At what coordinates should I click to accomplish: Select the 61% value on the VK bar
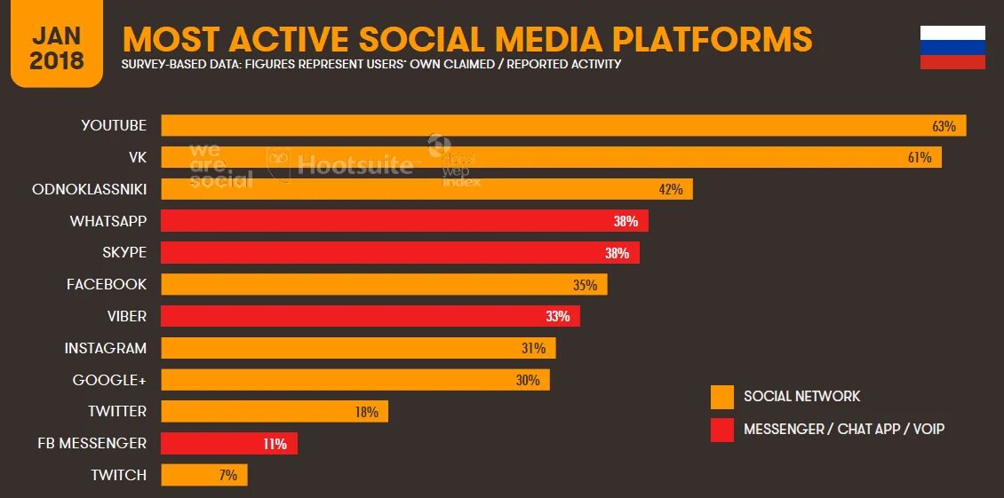pyautogui.click(x=919, y=158)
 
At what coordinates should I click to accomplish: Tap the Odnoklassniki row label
pyautogui.click(x=89, y=189)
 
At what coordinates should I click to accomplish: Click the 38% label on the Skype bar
pyautogui.click(x=617, y=253)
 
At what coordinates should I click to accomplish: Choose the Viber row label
pyautogui.click(x=128, y=316)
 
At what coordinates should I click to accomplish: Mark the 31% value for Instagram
pyautogui.click(x=533, y=349)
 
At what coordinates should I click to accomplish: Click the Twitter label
pyautogui.click(x=117, y=412)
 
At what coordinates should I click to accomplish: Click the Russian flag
pyautogui.click(x=952, y=48)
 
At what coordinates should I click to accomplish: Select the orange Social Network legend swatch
pyautogui.click(x=722, y=397)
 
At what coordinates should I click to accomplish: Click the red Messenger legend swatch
pyautogui.click(x=722, y=430)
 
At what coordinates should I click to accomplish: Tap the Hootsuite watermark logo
pyautogui.click(x=341, y=163)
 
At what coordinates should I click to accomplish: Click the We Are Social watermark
pyautogui.click(x=219, y=165)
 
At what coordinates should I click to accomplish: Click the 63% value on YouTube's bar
pyautogui.click(x=944, y=126)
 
